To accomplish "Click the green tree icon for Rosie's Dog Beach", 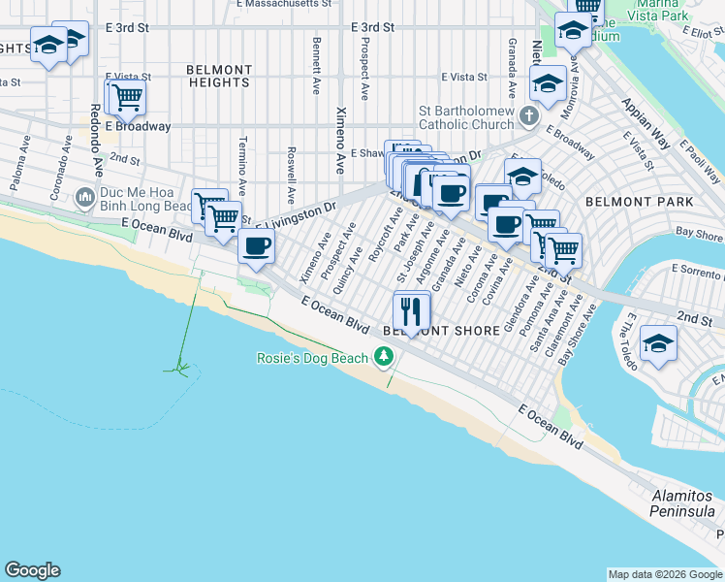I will click(384, 359).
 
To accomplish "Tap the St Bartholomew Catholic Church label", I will click(466, 117).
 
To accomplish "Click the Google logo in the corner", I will click(32, 570).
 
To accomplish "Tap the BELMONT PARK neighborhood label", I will click(639, 202).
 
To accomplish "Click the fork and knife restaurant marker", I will click(412, 310).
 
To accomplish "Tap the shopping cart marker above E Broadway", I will click(124, 97).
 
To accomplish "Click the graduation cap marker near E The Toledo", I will click(658, 343).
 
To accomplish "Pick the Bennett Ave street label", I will click(316, 66).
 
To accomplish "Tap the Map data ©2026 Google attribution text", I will click(664, 574).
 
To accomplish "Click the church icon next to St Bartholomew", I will click(528, 116).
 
